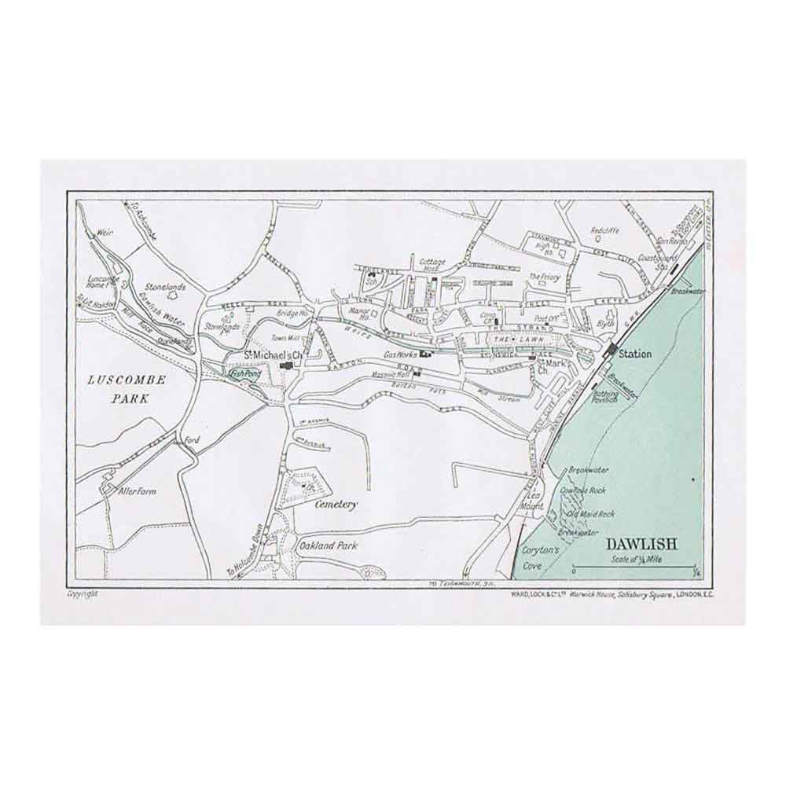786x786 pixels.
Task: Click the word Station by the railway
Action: coord(635,354)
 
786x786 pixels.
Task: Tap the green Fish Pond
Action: coord(242,376)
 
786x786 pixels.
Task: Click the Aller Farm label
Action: coord(137,491)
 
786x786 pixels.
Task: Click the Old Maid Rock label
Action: coord(591,513)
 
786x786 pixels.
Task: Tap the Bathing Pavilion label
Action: coord(605,395)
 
